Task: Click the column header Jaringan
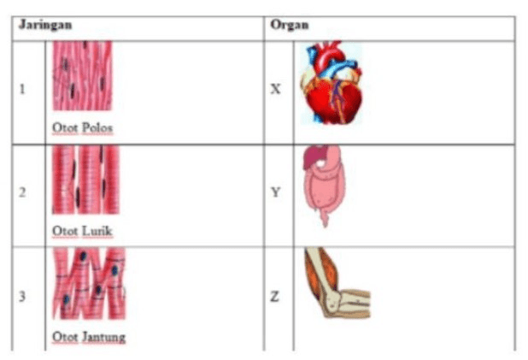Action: tap(45, 25)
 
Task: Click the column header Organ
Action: tap(290, 26)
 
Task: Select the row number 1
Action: tap(22, 89)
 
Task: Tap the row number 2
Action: tap(22, 192)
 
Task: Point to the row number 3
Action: tap(22, 296)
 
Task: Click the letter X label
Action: tap(275, 89)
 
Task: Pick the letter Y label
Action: tap(275, 192)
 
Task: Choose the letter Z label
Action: tap(275, 297)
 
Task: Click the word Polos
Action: tap(97, 127)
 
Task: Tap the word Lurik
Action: tap(97, 231)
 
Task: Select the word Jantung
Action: tap(103, 337)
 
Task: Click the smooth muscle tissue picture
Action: tap(82, 75)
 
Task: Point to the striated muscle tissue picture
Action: tap(86, 180)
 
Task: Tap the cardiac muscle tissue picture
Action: tap(89, 284)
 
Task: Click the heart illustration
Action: tap(331, 82)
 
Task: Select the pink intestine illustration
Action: tap(324, 186)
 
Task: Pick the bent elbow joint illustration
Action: tap(337, 282)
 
